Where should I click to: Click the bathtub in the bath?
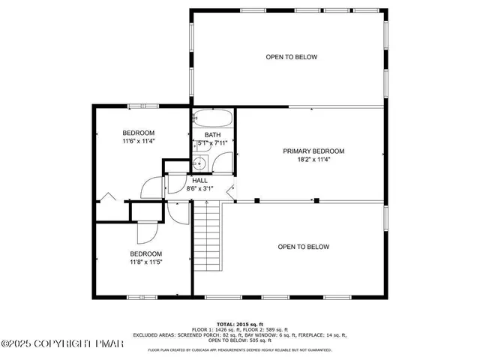tap(213, 119)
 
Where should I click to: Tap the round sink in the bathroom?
tap(199, 164)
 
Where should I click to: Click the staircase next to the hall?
tap(208, 238)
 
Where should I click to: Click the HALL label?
tap(200, 180)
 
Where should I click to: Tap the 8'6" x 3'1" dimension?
tap(200, 188)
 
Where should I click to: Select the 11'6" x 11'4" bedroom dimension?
tap(139, 140)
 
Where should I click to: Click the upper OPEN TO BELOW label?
tap(292, 57)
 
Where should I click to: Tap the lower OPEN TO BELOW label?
tap(304, 247)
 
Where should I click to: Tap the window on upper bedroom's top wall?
tap(137, 106)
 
